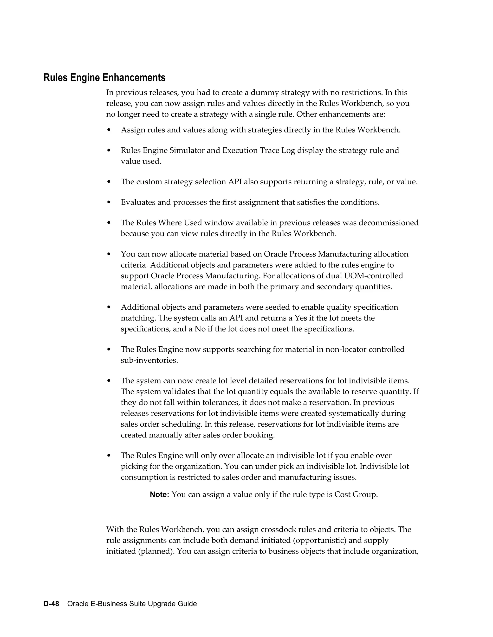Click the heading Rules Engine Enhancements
point(104,78)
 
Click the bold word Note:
point(159,494)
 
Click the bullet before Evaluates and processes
point(109,202)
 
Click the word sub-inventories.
point(149,360)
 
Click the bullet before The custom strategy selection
point(109,182)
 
